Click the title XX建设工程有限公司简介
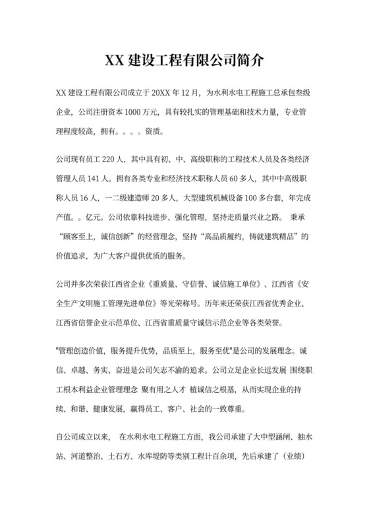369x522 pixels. pyautogui.click(x=184, y=61)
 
